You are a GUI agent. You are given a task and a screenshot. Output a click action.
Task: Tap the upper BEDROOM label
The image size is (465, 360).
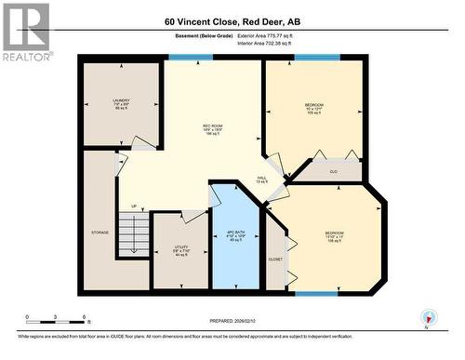pyautogui.click(x=313, y=106)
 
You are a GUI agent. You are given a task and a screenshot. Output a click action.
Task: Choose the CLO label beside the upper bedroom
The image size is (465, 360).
pyautogui.click(x=332, y=171)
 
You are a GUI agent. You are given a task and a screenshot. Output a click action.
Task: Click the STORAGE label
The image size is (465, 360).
pyautogui.click(x=100, y=232)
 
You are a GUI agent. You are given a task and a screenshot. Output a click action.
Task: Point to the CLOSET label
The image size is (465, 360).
pyautogui.click(x=275, y=259)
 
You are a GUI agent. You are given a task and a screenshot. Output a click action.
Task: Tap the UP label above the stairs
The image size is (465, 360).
pyautogui.click(x=134, y=206)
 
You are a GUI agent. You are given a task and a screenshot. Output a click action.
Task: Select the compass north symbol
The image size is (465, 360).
pyautogui.click(x=427, y=317)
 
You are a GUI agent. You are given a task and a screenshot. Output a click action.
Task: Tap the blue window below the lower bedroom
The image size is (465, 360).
pyautogui.click(x=316, y=294)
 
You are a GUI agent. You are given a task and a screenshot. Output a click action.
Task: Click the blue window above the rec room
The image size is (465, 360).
pyautogui.click(x=191, y=58)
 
